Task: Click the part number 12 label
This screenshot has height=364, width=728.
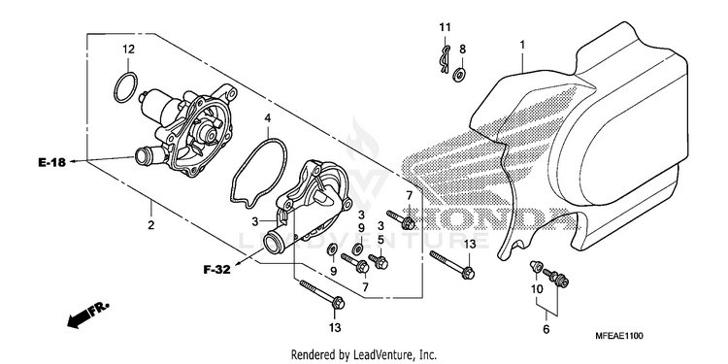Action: [128, 50]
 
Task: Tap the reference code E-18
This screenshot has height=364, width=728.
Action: [52, 162]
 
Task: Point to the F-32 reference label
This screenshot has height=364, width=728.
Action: [216, 269]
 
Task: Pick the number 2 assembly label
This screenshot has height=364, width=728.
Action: [150, 225]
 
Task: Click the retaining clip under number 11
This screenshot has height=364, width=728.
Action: [445, 59]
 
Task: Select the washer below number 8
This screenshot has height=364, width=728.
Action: [461, 74]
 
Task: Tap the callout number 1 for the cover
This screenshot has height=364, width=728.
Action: [522, 45]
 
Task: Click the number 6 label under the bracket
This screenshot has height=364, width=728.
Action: [546, 329]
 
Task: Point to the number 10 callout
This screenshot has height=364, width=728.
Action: [537, 289]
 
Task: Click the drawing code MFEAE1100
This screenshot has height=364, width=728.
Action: [620, 336]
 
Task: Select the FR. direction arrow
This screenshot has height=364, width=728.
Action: [87, 314]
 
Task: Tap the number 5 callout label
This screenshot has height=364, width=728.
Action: [381, 240]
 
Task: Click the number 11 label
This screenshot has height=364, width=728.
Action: [445, 27]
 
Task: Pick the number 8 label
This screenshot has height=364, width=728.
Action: [462, 49]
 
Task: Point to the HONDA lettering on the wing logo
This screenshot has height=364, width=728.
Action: [489, 218]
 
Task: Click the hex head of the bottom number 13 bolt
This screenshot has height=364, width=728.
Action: [338, 303]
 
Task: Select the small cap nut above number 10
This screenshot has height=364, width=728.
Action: [535, 266]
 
